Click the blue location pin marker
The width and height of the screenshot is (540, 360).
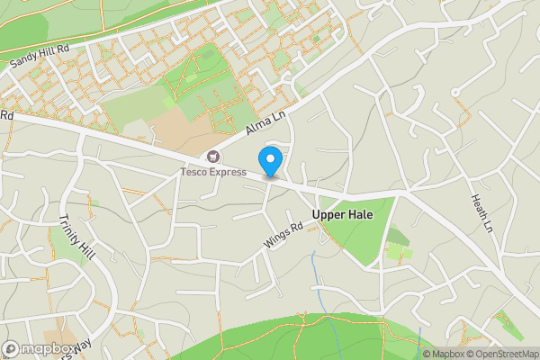270,161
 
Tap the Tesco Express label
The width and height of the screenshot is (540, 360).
212,172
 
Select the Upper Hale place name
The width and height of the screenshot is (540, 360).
342,215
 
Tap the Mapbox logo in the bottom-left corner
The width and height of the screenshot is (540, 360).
38,348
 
